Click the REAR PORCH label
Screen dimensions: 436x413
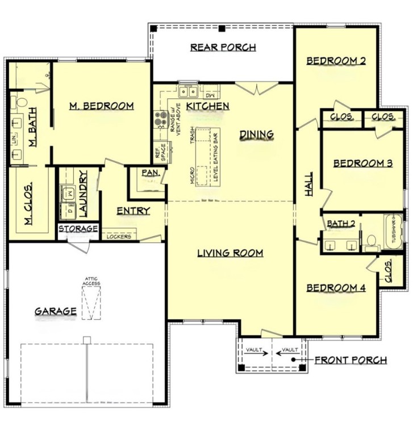click(x=223, y=47)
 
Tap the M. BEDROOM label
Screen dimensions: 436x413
click(x=101, y=106)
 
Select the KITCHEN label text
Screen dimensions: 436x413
click(x=208, y=106)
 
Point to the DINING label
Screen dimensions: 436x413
click(x=256, y=135)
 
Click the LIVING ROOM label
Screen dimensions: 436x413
click(x=230, y=253)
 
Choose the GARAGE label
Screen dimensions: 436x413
click(x=56, y=311)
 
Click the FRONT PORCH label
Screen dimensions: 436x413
click(x=351, y=360)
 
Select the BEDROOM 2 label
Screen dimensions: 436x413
click(x=336, y=61)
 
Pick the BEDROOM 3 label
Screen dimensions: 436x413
click(x=362, y=163)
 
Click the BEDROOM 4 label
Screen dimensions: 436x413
click(x=336, y=288)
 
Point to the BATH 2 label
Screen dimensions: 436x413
click(x=341, y=224)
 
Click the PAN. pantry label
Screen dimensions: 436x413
click(x=149, y=172)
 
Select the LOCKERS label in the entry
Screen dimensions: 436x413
click(x=119, y=236)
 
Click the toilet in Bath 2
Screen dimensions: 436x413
click(x=372, y=243)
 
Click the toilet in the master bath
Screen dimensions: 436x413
click(x=21, y=102)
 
